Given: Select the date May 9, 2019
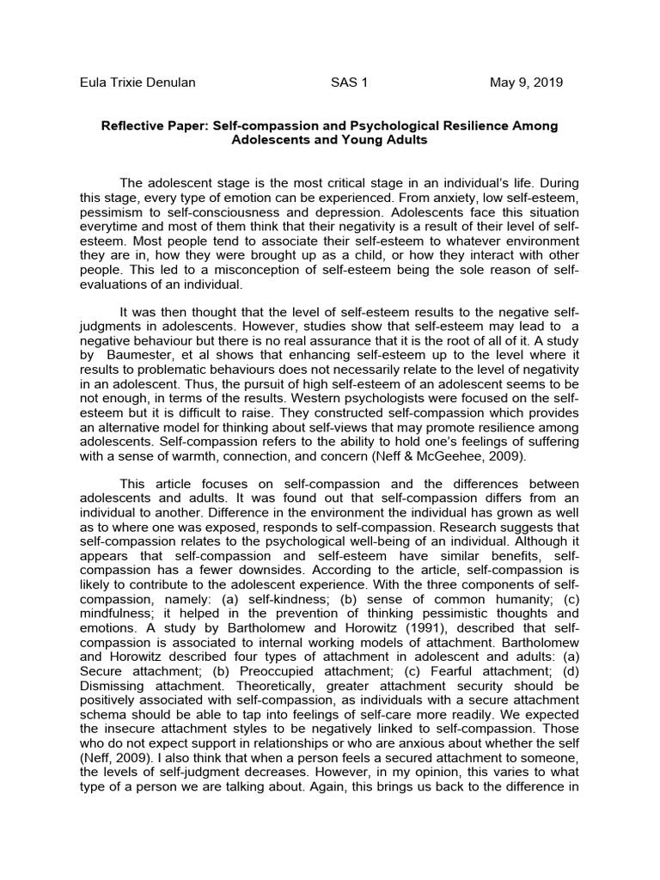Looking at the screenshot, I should click(526, 82).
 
